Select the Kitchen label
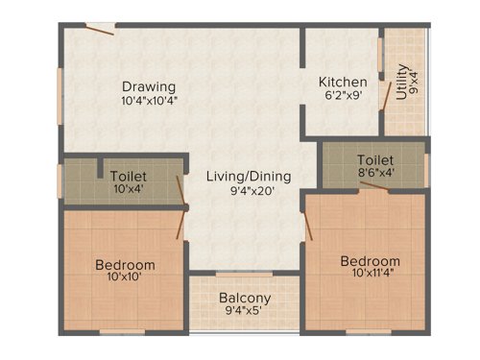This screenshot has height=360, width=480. tap(343, 83)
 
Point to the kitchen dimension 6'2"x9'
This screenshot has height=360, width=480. tap(343, 98)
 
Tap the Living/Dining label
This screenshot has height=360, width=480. tap(249, 177)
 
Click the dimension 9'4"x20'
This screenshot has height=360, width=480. tap(249, 192)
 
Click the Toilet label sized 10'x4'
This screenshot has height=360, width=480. tap(128, 177)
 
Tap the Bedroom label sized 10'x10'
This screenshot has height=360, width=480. tap(125, 265)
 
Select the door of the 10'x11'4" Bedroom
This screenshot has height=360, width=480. tap(308, 227)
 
